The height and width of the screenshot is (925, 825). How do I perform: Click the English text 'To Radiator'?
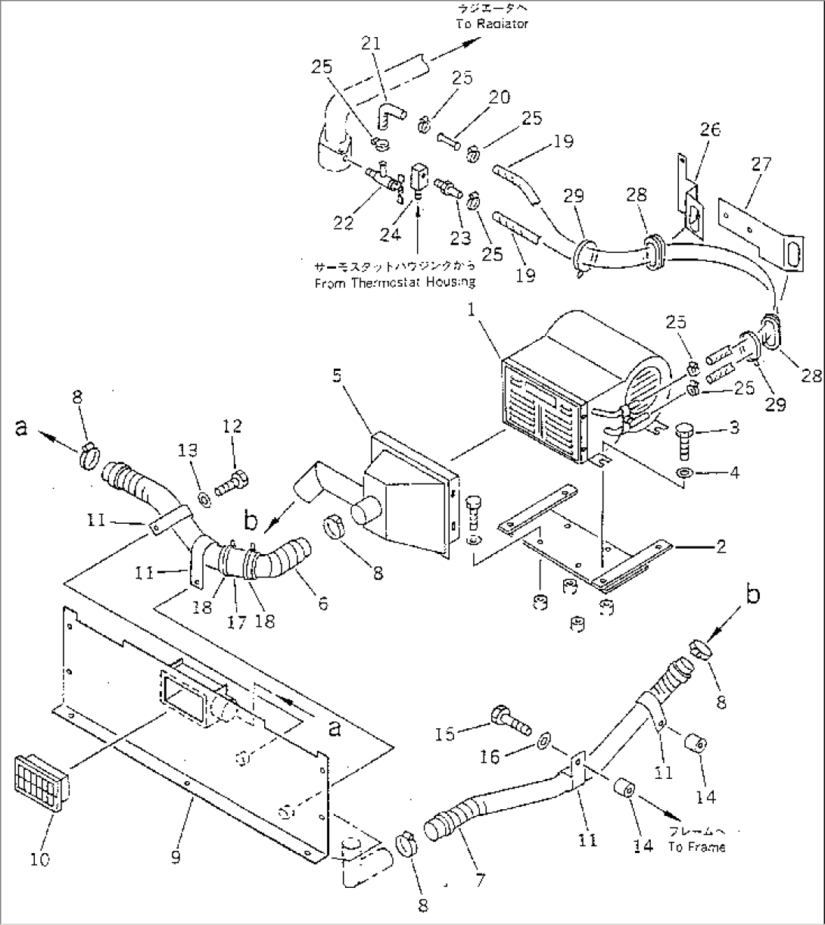click(492, 23)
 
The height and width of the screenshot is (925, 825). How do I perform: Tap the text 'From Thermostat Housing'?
click(395, 282)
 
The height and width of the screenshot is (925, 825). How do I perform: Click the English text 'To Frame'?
click(696, 847)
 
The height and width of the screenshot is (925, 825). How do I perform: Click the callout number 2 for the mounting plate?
click(721, 546)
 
